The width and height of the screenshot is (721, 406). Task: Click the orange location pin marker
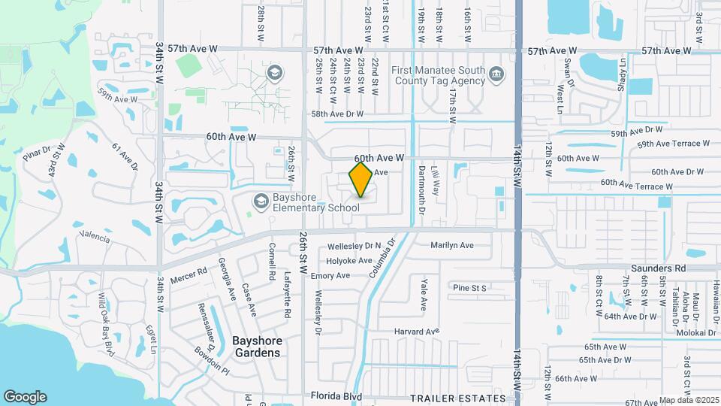click(361, 180)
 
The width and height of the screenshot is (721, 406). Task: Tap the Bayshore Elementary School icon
click(261, 200)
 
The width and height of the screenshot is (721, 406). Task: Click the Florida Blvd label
click(336, 396)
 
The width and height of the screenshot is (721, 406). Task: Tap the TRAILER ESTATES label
click(458, 398)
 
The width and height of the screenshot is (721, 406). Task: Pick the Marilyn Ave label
click(452, 245)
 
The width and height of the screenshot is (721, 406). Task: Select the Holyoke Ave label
click(349, 261)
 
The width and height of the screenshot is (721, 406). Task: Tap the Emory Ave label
click(330, 276)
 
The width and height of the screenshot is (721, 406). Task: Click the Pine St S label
click(470, 288)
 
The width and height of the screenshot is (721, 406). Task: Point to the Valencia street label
click(95, 238)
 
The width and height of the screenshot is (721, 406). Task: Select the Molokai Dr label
click(703, 332)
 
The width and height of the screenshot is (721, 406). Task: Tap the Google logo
click(25, 397)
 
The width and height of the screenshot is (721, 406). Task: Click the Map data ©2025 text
click(689, 400)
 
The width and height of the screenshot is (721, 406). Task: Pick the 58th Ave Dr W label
click(337, 114)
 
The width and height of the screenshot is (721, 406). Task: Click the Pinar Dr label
click(35, 154)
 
